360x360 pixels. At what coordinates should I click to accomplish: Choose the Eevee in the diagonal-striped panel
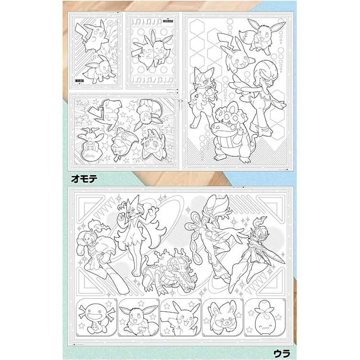tap(97, 67)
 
